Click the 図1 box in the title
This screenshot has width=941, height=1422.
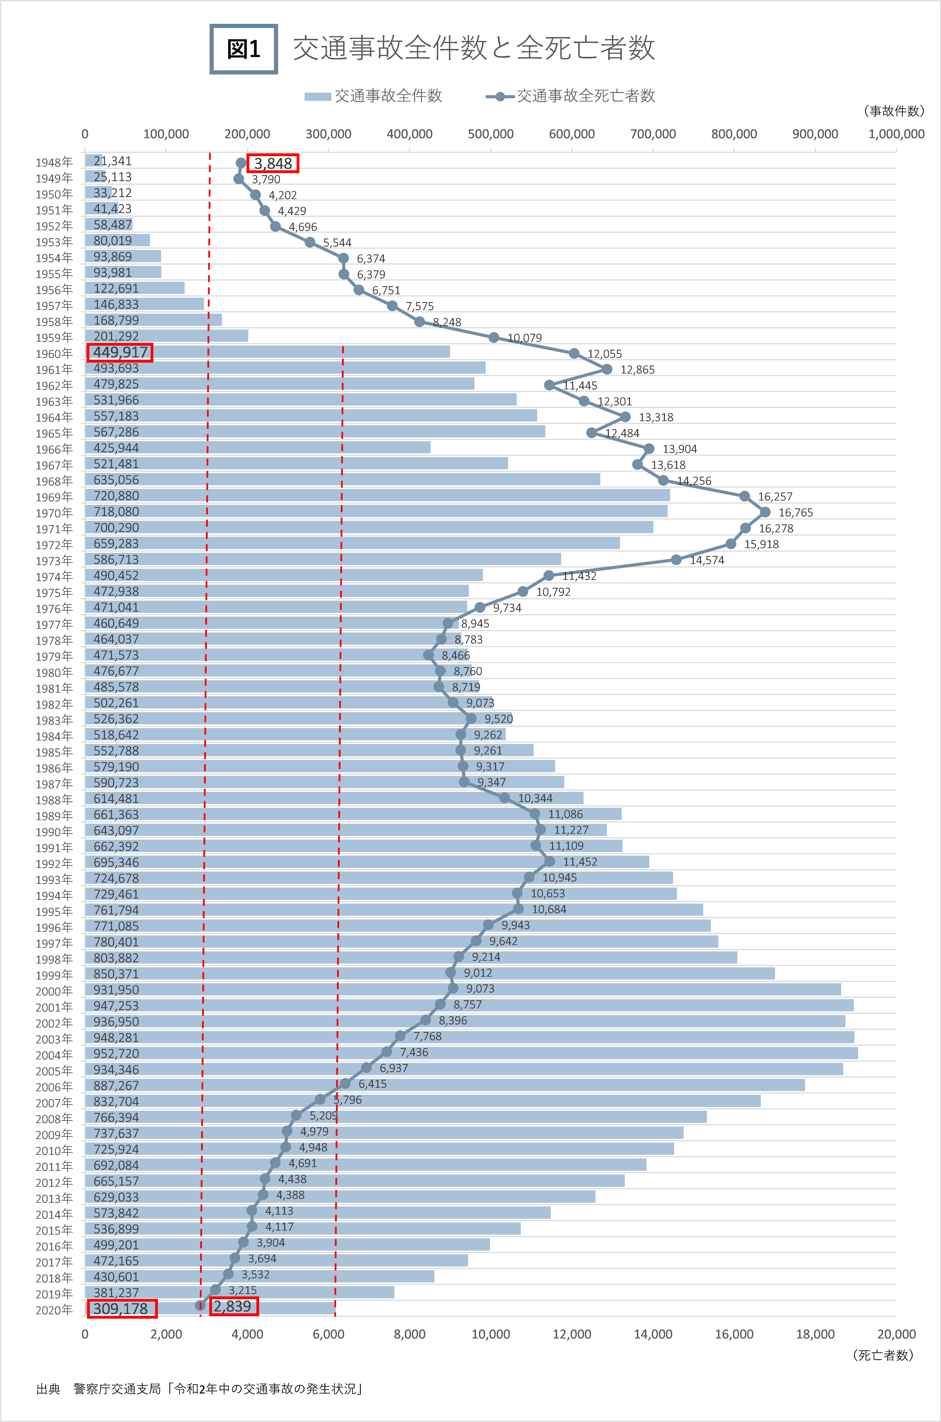tap(244, 49)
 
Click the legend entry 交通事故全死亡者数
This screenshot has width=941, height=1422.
tap(570, 96)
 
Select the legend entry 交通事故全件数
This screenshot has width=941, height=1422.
tap(373, 96)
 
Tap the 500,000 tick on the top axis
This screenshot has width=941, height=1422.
tap(490, 134)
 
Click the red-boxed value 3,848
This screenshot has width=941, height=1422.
tap(273, 163)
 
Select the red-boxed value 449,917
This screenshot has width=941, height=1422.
tap(120, 352)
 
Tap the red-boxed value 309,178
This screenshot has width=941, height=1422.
tap(122, 1309)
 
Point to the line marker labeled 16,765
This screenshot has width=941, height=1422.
tap(765, 512)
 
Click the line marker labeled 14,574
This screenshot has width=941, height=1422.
tap(676, 559)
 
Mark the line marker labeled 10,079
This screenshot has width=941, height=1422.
tap(493, 337)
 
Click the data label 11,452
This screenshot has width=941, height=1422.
tap(580, 862)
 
